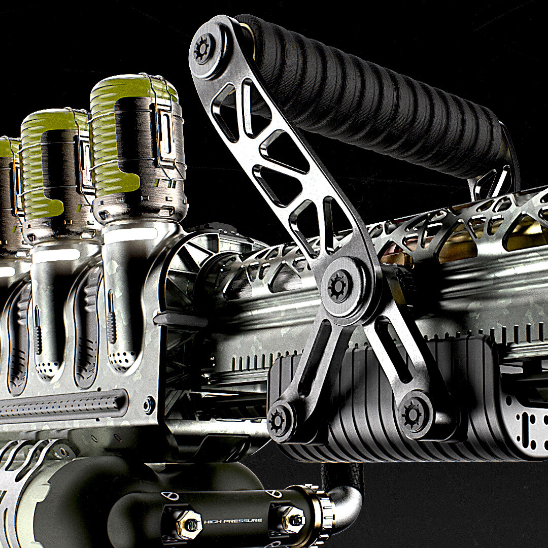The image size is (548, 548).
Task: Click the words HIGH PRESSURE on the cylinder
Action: click(x=233, y=521)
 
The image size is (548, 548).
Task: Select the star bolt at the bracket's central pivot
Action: click(x=338, y=286)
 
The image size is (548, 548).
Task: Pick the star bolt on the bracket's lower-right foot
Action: click(x=412, y=415)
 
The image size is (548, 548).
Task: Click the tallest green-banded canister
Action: click(x=138, y=147)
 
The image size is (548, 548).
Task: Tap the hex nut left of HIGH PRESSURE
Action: click(x=188, y=524)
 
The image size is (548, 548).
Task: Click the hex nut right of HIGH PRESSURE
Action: click(x=294, y=521)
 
